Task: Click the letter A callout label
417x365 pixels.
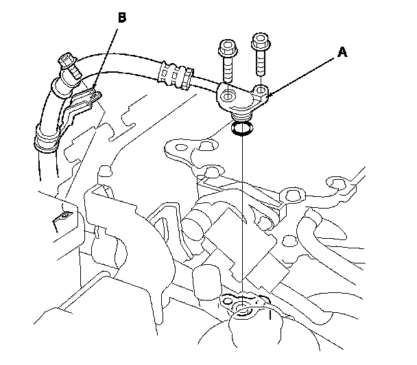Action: point(342,52)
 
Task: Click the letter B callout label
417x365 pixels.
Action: point(122,18)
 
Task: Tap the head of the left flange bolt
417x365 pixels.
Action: point(228,47)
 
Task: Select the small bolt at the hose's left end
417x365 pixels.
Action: point(69,64)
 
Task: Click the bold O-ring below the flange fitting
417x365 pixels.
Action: point(242,128)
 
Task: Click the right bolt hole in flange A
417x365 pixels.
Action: point(260,90)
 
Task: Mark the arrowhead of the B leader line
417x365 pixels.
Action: point(93,89)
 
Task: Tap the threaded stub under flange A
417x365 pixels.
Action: point(241,117)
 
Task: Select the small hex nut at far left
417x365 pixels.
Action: point(64,215)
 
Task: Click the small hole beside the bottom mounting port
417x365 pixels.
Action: point(227,301)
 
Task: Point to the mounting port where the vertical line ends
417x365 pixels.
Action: point(243,310)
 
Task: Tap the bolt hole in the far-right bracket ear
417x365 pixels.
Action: point(337,184)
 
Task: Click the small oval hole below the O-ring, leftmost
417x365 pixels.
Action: point(181,147)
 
